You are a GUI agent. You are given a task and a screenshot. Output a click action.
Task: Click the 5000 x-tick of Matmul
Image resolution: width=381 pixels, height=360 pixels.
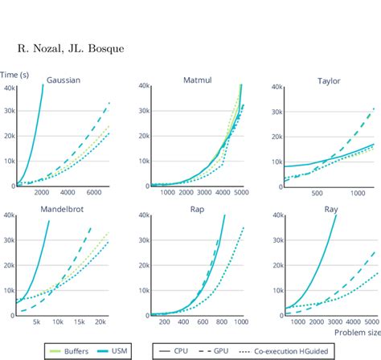point(240,194)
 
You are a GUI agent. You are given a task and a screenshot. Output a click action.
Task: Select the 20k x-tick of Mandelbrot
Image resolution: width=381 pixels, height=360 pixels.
point(101,321)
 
